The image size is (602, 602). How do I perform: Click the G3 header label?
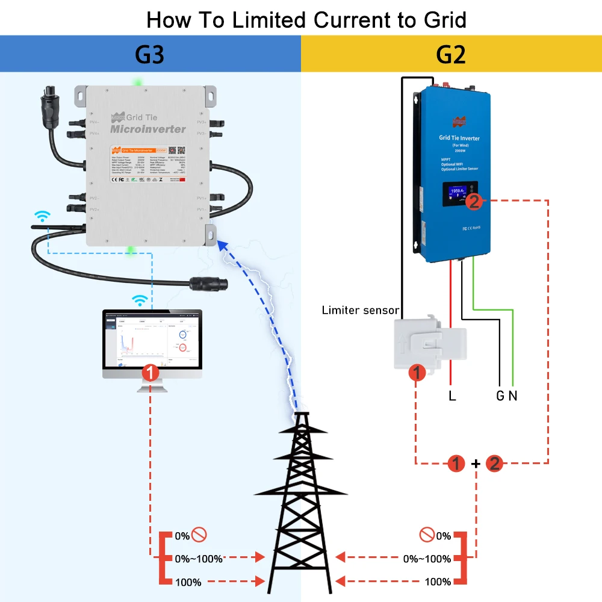pyautogui.click(x=150, y=55)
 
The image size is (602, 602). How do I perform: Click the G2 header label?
pyautogui.click(x=451, y=55)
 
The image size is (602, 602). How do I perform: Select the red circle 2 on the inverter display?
pyautogui.click(x=474, y=202)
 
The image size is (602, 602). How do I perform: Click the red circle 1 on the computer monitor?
pyautogui.click(x=150, y=373)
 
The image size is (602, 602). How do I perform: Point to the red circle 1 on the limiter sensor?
pyautogui.click(x=417, y=373)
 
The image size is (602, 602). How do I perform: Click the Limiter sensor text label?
pyautogui.click(x=360, y=311)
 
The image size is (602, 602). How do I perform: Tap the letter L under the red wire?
pyautogui.click(x=452, y=396)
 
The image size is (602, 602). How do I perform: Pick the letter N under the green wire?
pyautogui.click(x=513, y=396)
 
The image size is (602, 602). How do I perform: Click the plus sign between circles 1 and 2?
pyautogui.click(x=476, y=464)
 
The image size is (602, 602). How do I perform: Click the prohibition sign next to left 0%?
pyautogui.click(x=199, y=535)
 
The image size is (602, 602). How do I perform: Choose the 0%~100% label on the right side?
pyautogui.click(x=427, y=559)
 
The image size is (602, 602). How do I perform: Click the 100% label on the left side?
pyautogui.click(x=188, y=582)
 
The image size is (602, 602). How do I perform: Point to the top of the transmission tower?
pyautogui.click(x=301, y=415)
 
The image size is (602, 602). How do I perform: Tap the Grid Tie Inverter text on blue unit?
pyautogui.click(x=459, y=138)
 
